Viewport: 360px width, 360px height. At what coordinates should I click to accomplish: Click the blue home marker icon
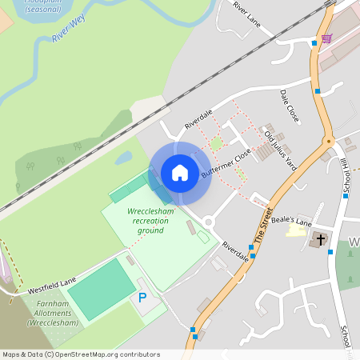point(180,173)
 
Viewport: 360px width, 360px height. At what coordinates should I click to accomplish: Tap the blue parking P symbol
point(142,298)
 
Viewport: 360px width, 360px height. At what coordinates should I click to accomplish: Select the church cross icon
point(318,239)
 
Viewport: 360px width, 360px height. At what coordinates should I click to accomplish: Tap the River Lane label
point(247,17)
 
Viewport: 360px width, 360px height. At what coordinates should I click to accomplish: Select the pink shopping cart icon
point(326,38)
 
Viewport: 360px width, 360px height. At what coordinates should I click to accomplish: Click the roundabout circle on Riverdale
point(209,222)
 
